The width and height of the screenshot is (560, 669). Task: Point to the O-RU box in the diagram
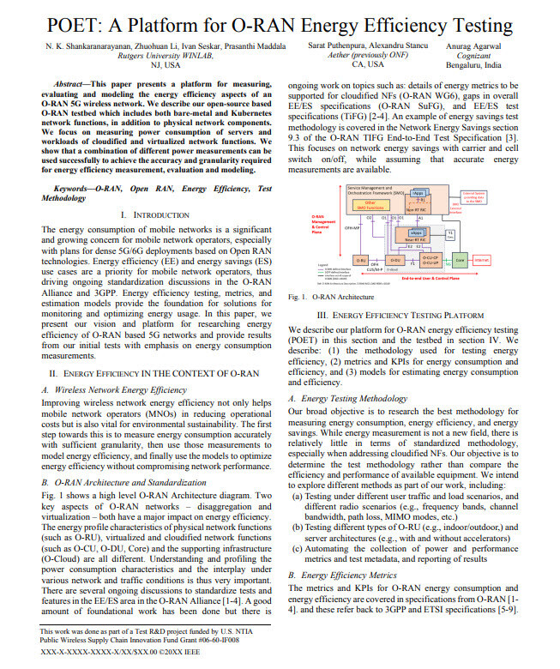pyautogui.click(x=364, y=258)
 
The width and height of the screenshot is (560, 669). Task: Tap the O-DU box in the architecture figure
pyautogui.click(x=395, y=258)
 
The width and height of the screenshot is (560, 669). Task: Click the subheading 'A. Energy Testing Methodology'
pyautogui.click(x=342, y=398)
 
